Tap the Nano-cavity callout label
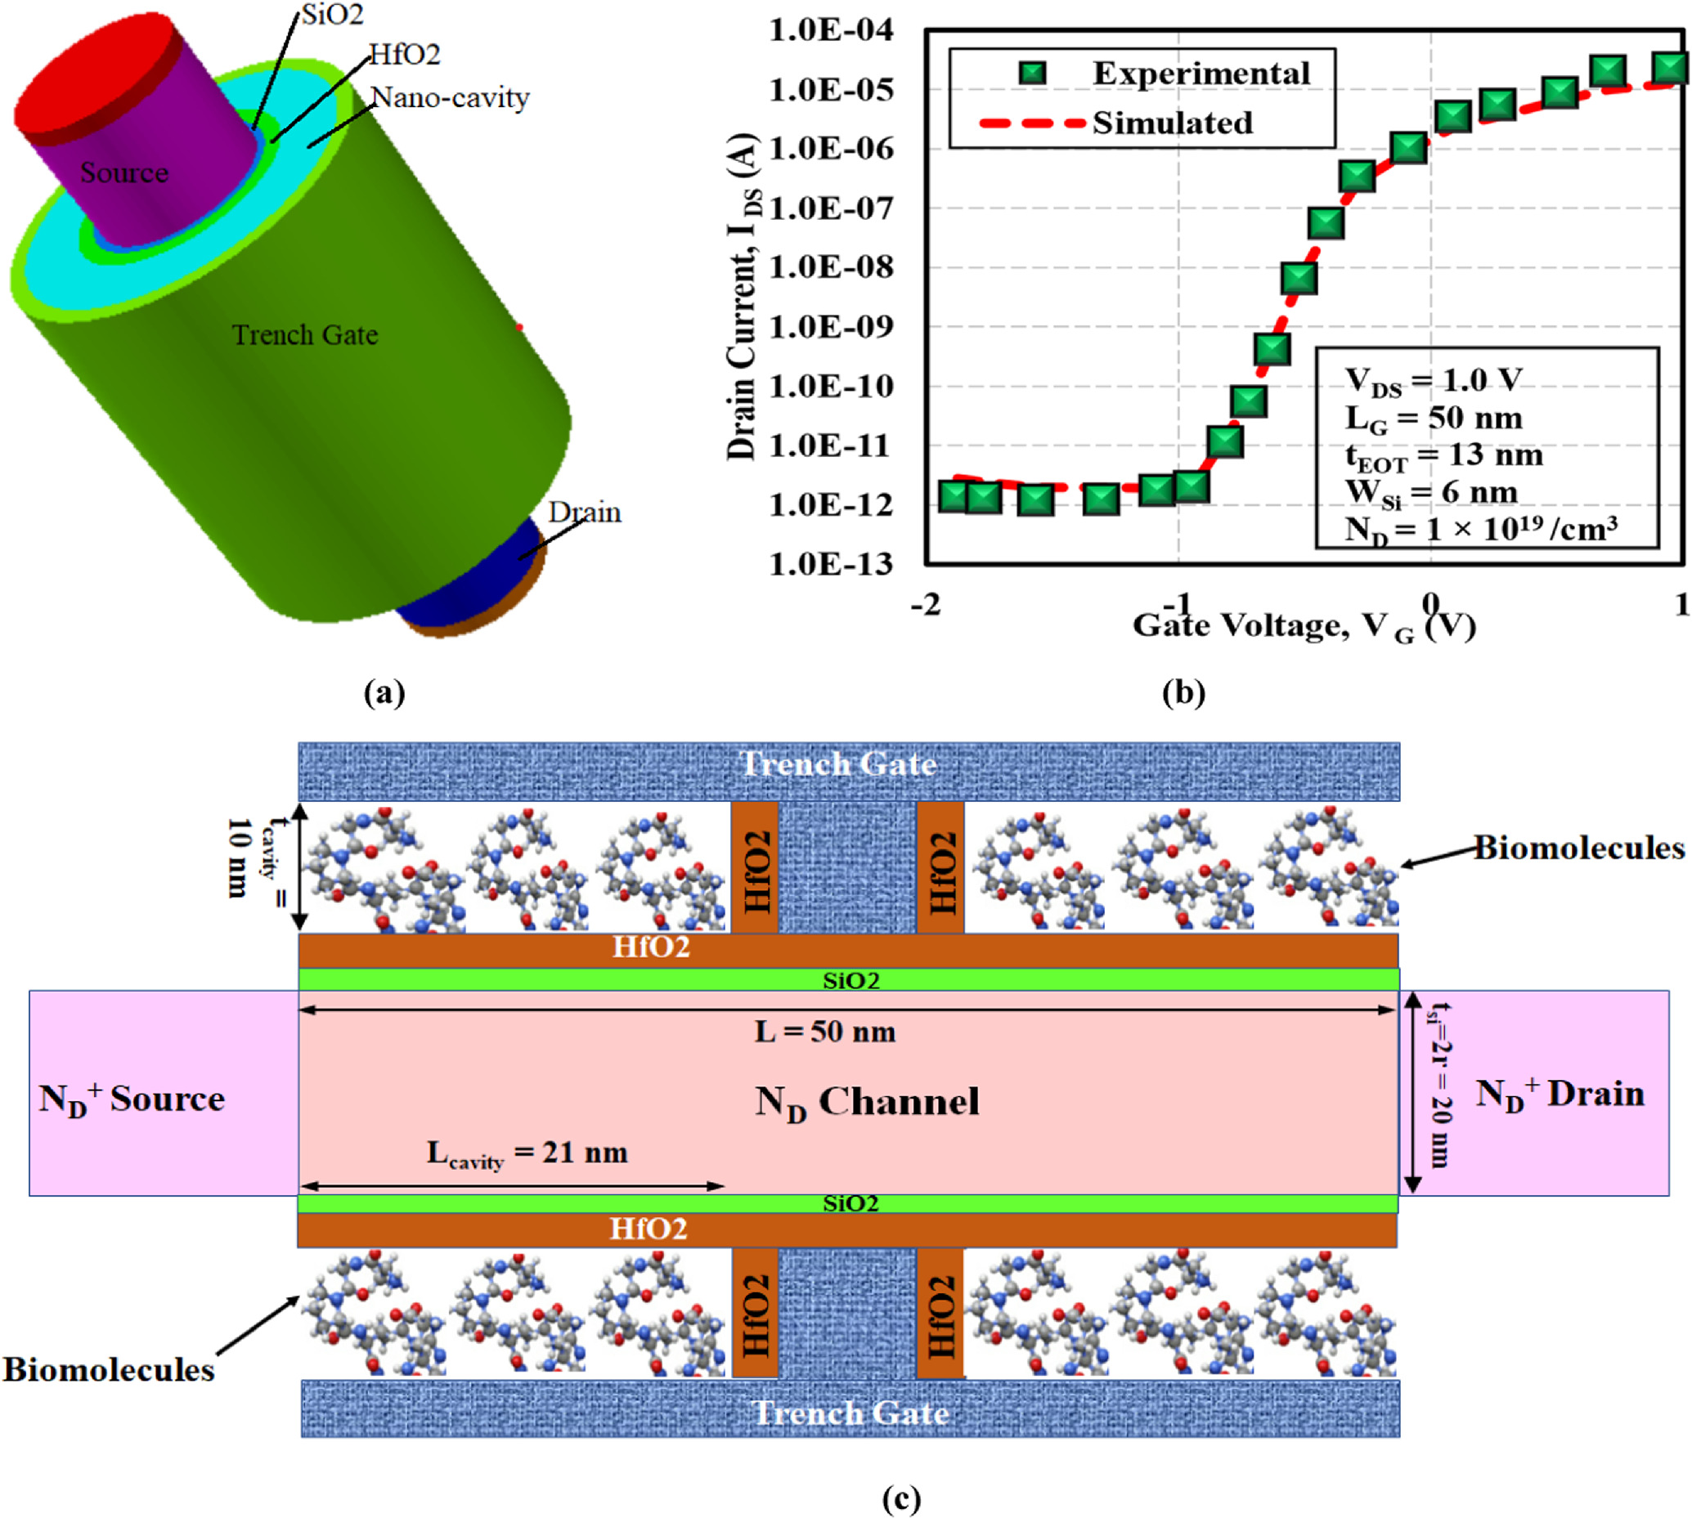coord(450,97)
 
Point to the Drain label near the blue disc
coord(584,511)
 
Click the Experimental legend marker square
coord(1033,74)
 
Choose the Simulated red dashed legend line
coord(1033,123)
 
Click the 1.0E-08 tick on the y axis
coord(830,268)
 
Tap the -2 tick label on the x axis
coord(925,605)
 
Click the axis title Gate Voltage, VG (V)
coord(1304,625)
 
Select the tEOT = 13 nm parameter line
coord(1443,455)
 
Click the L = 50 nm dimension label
coord(825,1032)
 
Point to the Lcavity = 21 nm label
coord(527,1153)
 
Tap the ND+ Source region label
coord(132,1099)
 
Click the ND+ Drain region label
coord(1560,1094)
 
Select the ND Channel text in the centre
coord(866,1102)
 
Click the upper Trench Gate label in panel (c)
coord(837,764)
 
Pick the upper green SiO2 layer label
coord(850,980)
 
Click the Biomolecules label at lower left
coord(109,1369)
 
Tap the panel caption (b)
coord(1183,692)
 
